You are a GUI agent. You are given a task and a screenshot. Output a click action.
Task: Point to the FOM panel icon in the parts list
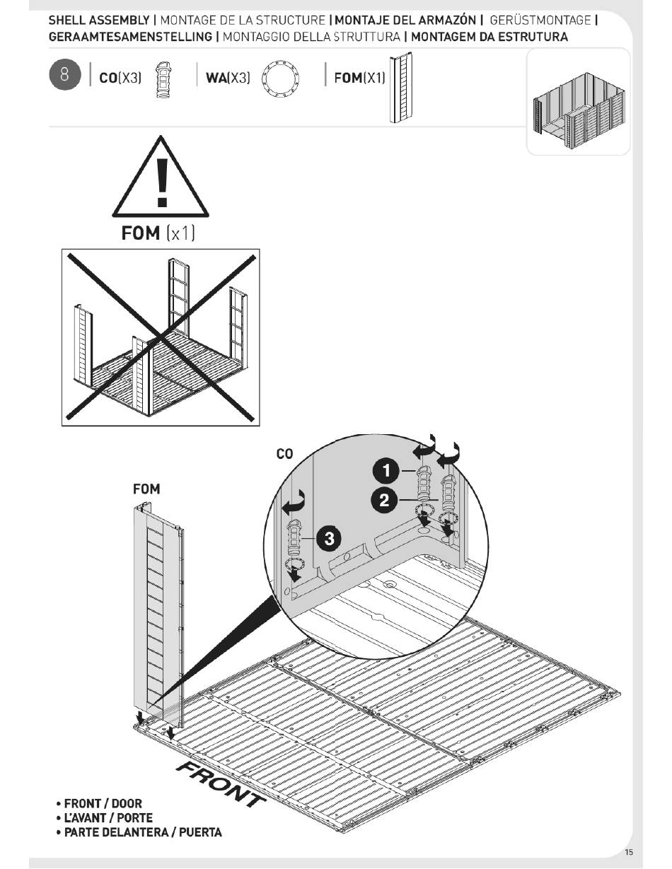pyautogui.click(x=401, y=88)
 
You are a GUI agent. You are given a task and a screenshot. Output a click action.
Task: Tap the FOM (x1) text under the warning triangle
pyautogui.click(x=158, y=233)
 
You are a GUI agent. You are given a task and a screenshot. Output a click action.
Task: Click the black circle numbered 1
pyautogui.click(x=386, y=470)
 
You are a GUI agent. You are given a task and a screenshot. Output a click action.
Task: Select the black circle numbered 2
pyautogui.click(x=384, y=501)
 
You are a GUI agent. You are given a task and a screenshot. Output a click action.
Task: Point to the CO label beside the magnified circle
pyautogui.click(x=284, y=455)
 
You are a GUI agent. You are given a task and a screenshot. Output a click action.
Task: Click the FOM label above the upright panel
pyautogui.click(x=146, y=489)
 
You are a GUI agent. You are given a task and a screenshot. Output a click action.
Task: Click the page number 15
pyautogui.click(x=629, y=852)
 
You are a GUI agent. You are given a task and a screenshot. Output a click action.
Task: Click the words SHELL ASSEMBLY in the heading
pyautogui.click(x=98, y=21)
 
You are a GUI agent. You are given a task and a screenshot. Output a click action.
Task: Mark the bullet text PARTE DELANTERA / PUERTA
pyautogui.click(x=142, y=832)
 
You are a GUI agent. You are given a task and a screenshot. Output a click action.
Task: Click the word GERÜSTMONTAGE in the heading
pyautogui.click(x=540, y=21)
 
